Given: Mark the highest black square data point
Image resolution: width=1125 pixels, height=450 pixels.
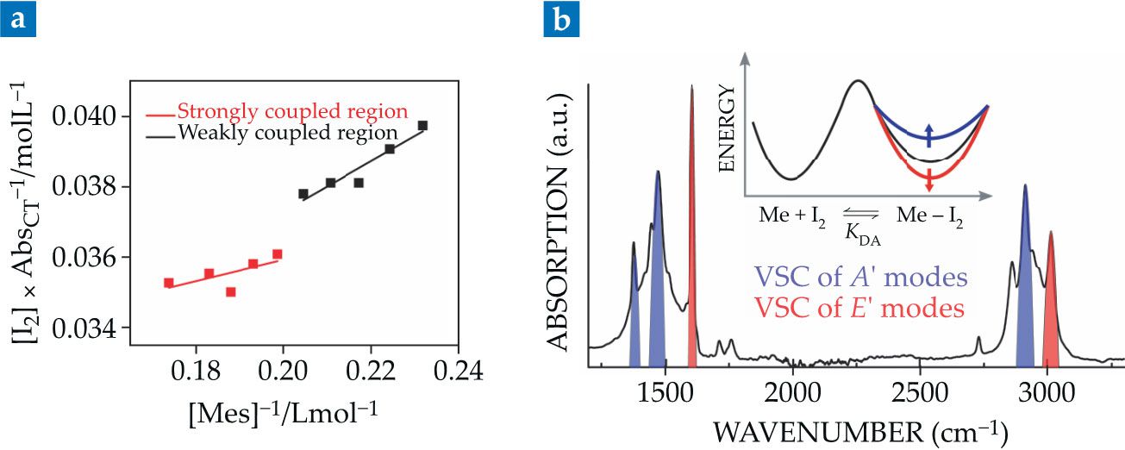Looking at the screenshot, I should [x=422, y=126].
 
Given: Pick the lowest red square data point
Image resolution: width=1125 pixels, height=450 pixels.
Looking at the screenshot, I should [x=230, y=292].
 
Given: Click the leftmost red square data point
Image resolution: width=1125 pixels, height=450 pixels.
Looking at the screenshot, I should [x=169, y=283].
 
